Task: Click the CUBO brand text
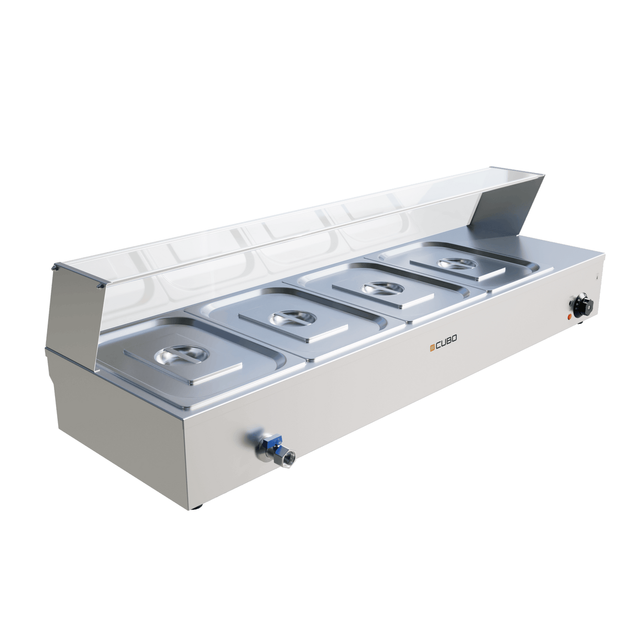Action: [446, 346]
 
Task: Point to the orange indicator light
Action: [569, 316]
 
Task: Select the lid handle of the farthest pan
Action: [452, 263]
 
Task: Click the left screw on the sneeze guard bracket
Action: [55, 267]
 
